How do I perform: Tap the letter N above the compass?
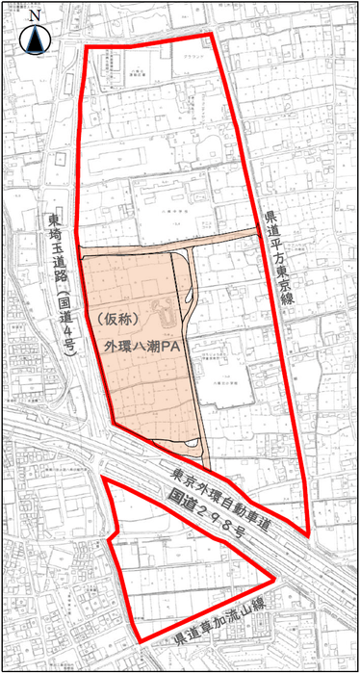pyautogui.click(x=35, y=16)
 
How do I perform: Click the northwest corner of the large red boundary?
pyautogui.click(x=87, y=46)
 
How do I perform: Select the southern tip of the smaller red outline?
pyautogui.click(x=141, y=642)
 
